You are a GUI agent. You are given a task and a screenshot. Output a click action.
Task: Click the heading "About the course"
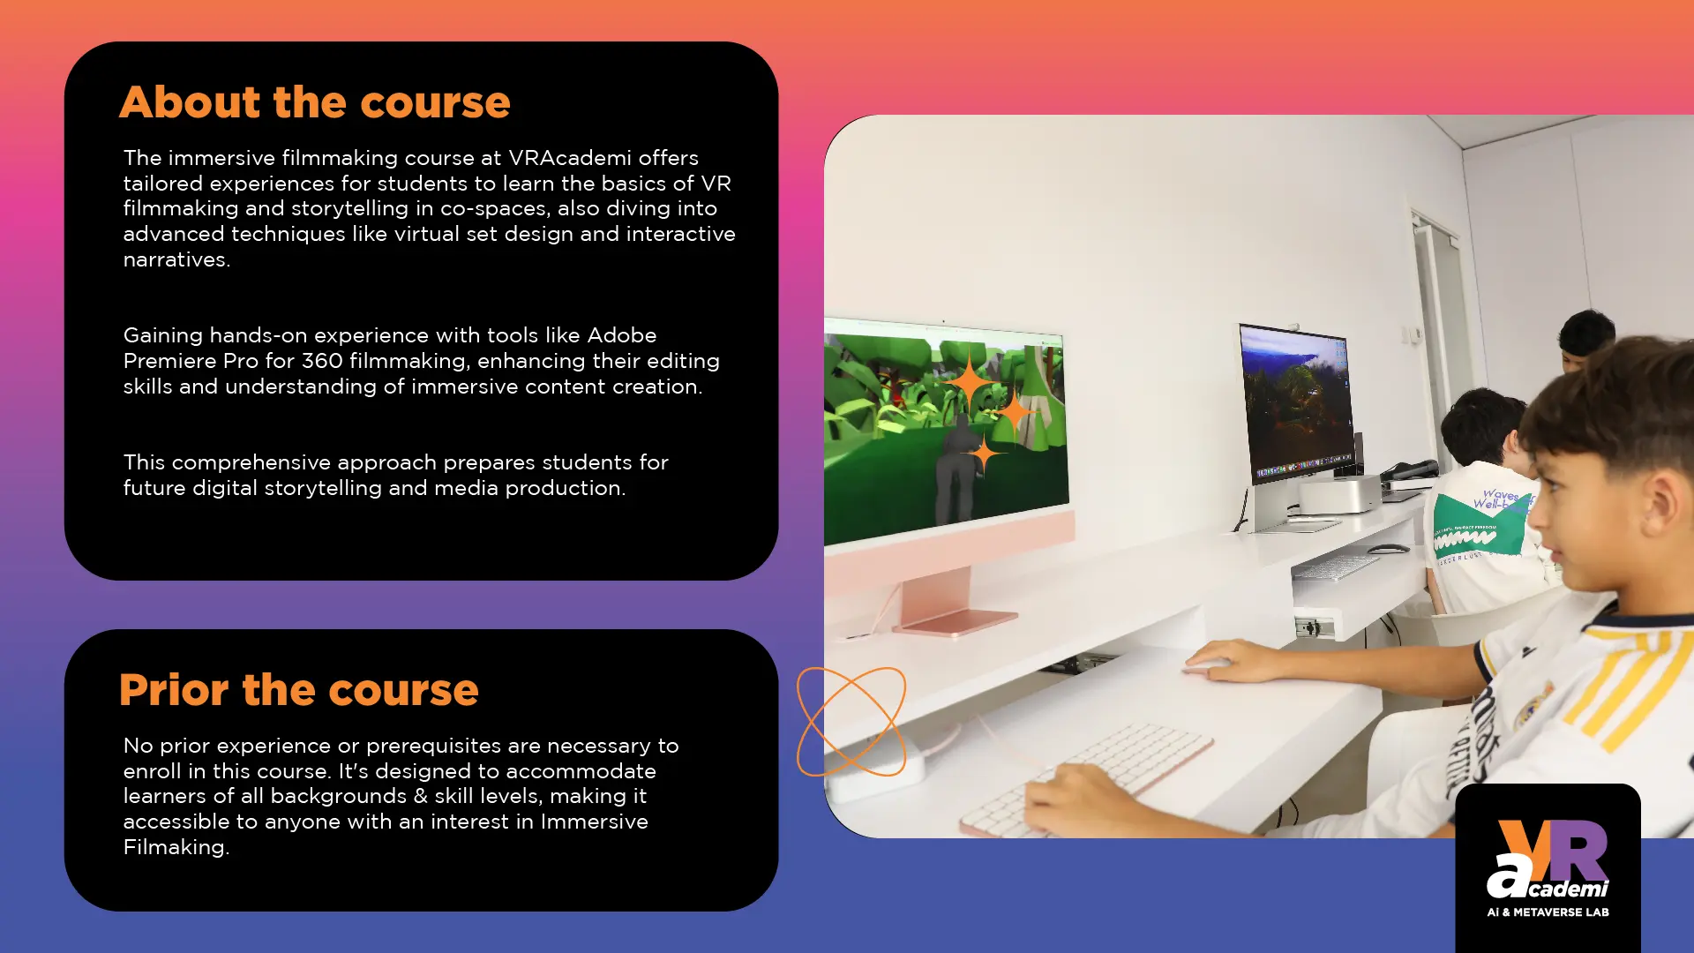[315, 102]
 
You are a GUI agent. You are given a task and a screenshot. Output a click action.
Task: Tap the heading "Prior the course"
[299, 690]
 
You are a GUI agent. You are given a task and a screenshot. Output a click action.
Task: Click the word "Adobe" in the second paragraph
[622, 335]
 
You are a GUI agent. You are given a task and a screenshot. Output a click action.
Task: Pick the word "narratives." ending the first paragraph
[176, 259]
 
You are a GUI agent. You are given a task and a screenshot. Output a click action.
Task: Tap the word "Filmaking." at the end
[176, 847]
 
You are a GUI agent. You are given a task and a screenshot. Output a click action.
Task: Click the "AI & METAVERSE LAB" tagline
[1548, 912]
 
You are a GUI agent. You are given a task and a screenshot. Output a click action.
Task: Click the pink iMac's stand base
[956, 622]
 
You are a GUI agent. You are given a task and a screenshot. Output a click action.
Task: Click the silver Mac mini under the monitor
[1338, 494]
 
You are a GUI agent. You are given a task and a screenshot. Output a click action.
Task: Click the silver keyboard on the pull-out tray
[1336, 567]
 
